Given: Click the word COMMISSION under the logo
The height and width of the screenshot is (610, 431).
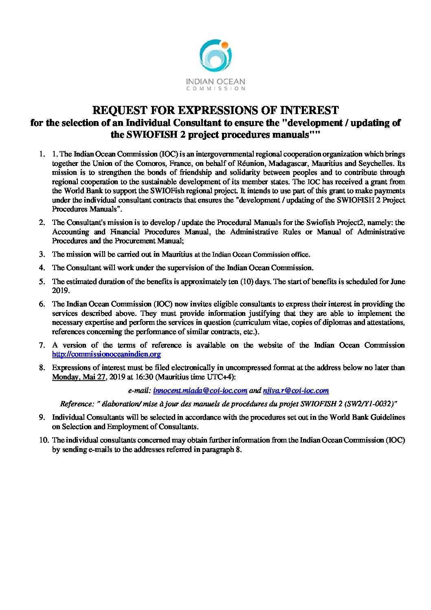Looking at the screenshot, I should point(215,88).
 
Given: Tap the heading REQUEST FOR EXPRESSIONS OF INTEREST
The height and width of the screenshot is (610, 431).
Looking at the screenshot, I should point(215,110).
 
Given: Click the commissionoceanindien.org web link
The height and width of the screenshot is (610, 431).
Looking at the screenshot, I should point(106,355).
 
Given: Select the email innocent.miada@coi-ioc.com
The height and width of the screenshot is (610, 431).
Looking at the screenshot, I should point(200,390).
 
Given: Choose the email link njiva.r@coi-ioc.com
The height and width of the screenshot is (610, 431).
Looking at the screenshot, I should point(296,390).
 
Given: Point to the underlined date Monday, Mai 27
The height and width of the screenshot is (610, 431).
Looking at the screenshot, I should point(79,377).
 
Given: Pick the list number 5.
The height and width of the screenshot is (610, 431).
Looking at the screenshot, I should point(42,282).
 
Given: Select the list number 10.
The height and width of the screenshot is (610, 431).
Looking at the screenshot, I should point(43,440).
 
